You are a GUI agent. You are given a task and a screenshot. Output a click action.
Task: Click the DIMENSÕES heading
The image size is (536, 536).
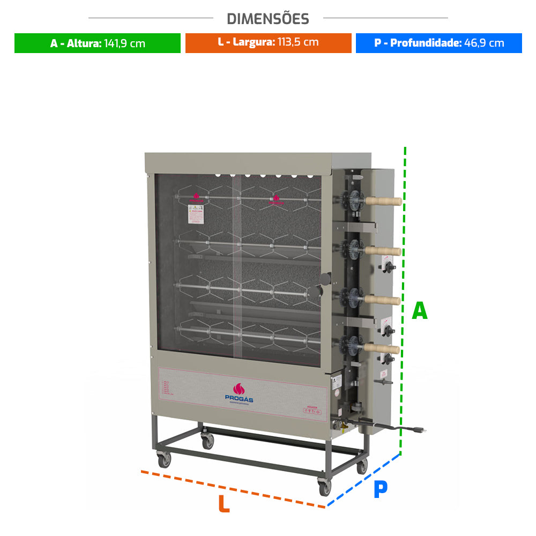click(x=268, y=19)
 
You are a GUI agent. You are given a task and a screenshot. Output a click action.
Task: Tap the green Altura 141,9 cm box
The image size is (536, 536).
click(x=98, y=43)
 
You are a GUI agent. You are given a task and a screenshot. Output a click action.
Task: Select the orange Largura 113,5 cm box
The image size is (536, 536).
click(x=268, y=43)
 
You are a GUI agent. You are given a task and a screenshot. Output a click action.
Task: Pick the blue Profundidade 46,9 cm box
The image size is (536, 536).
click(x=439, y=43)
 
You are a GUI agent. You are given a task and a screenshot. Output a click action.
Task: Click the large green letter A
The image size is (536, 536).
click(x=420, y=311)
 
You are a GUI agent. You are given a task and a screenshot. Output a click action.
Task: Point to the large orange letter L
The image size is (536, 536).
click(x=224, y=504)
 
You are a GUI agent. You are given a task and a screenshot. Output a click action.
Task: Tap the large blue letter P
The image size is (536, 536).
click(x=380, y=489)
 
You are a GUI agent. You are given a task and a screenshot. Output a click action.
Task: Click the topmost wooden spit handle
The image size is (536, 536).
click(x=384, y=201)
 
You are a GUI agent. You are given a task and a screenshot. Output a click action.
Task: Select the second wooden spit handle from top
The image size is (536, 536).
click(x=384, y=251)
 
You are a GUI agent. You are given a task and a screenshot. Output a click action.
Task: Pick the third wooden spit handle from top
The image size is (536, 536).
click(x=384, y=300)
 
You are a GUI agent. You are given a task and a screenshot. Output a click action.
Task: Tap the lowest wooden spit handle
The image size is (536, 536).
click(x=384, y=349)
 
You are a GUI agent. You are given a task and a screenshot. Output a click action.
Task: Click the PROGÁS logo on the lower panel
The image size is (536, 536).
click(x=239, y=393)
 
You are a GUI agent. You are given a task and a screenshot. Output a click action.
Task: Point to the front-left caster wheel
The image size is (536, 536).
click(x=165, y=459)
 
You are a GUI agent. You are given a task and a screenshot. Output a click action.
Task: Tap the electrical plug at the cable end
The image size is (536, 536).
click(x=419, y=428)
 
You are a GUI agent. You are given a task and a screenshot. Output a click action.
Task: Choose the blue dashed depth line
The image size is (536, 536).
click(x=364, y=479)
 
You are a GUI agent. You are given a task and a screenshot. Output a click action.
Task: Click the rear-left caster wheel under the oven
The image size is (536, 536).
click(x=207, y=441)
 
